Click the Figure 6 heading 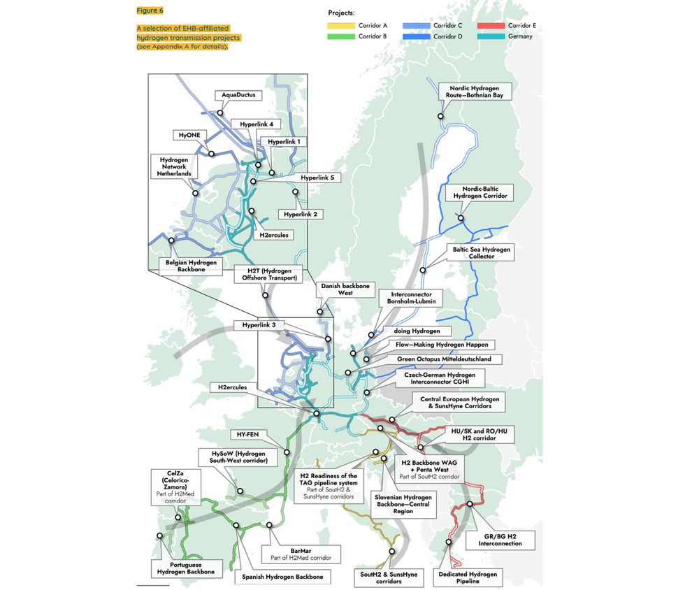[150, 10]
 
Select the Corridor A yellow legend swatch [342, 26]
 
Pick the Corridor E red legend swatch [491, 26]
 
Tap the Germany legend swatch [491, 36]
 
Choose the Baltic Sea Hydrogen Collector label [482, 252]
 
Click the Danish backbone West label [345, 289]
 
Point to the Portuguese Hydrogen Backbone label [186, 568]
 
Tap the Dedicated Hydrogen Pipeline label [468, 577]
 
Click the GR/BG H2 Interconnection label [500, 539]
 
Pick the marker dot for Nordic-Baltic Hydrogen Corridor [461, 218]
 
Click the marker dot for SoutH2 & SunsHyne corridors [392, 552]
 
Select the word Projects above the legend [341, 13]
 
